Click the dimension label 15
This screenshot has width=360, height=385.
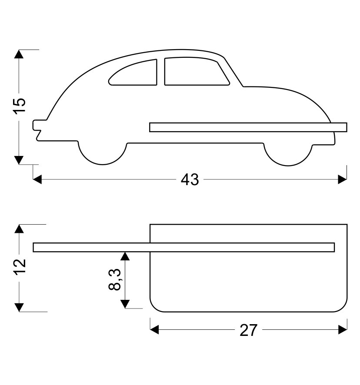20,106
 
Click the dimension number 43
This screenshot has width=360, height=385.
190,179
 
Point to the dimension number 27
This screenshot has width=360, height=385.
249,331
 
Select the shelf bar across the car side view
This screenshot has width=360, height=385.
248,127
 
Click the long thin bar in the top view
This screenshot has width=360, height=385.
183,247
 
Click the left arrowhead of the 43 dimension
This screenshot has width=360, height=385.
38,179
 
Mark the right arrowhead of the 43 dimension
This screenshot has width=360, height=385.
343,179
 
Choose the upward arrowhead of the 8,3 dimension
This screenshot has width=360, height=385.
125,256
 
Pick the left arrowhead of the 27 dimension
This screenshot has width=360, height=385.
154,331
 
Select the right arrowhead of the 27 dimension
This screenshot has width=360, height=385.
343,331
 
